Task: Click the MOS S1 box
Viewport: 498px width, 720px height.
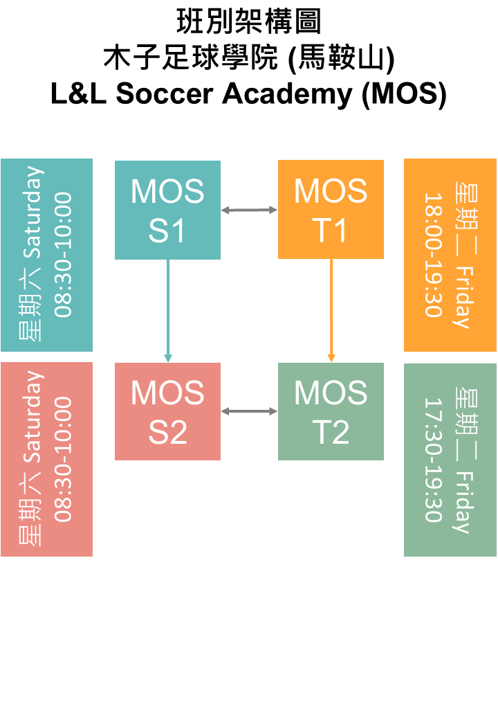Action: point(167,210)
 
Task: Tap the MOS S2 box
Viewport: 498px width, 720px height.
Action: point(167,411)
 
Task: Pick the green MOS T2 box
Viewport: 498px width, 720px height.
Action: point(331,411)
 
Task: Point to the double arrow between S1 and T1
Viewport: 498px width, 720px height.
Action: point(249,210)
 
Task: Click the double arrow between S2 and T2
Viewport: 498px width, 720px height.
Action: point(249,412)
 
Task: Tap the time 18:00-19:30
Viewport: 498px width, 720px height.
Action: point(433,255)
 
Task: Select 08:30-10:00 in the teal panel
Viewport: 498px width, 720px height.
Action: point(63,255)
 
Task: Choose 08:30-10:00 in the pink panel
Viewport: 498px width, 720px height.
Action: point(63,459)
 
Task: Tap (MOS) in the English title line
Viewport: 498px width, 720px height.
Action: point(404,95)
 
